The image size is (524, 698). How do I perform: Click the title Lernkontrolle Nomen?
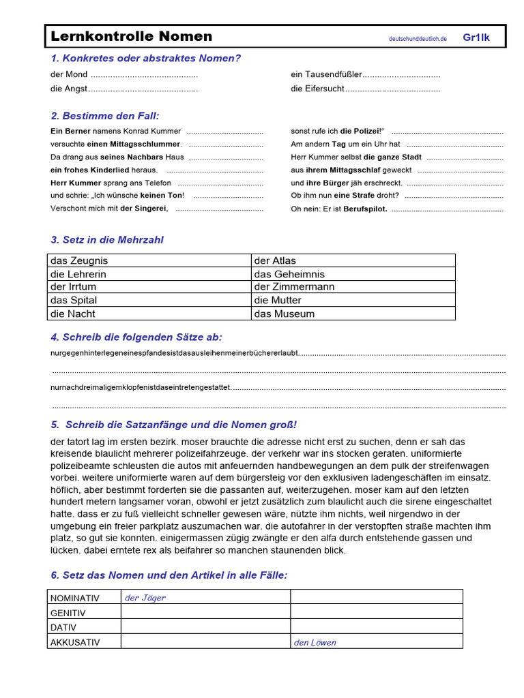point(130,37)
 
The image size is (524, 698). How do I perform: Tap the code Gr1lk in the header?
point(476,37)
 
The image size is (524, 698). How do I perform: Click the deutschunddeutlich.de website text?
point(418,40)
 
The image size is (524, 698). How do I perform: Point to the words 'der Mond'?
point(69,74)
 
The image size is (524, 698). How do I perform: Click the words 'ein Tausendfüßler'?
point(326,74)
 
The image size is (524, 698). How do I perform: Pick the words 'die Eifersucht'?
point(317,89)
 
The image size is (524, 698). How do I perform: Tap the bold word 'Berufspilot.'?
point(365,209)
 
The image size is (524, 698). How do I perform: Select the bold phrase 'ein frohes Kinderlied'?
point(104,170)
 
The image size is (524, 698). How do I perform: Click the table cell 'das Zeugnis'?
point(79,260)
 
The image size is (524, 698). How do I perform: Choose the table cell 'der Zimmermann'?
point(294,287)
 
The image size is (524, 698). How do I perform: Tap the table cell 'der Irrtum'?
point(73,287)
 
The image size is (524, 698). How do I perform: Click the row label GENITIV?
point(68,613)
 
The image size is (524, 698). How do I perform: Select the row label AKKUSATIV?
point(75,642)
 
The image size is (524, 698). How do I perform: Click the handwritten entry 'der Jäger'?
point(145,598)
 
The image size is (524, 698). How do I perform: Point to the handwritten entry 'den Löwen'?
point(315,642)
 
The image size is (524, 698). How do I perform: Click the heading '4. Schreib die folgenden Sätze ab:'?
point(136,337)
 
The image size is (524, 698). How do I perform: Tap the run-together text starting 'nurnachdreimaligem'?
point(141,388)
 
